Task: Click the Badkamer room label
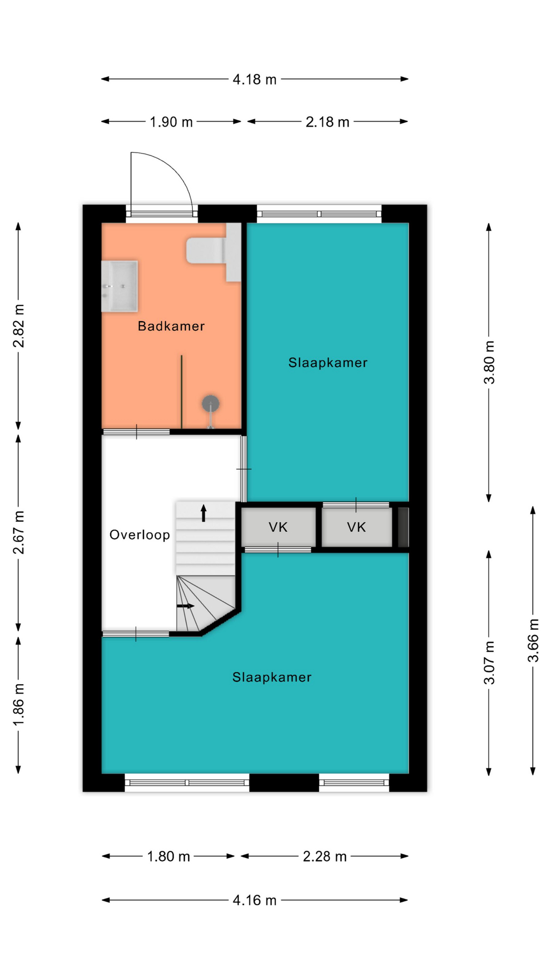[171, 326]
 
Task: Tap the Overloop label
[140, 535]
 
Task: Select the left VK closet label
[278, 527]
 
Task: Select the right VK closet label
[356, 527]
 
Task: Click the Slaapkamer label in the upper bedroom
[328, 363]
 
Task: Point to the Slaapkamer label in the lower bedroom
[271, 677]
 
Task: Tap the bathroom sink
[119, 286]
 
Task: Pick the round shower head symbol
[210, 404]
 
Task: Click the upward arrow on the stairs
[204, 513]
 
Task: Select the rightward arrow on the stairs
[186, 606]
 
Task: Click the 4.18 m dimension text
[255, 80]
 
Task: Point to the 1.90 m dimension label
[171, 122]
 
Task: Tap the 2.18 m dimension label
[328, 122]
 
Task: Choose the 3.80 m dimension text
[489, 363]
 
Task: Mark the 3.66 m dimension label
[533, 640]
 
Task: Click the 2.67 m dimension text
[19, 532]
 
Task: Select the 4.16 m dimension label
[255, 900]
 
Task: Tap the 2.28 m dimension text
[324, 857]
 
